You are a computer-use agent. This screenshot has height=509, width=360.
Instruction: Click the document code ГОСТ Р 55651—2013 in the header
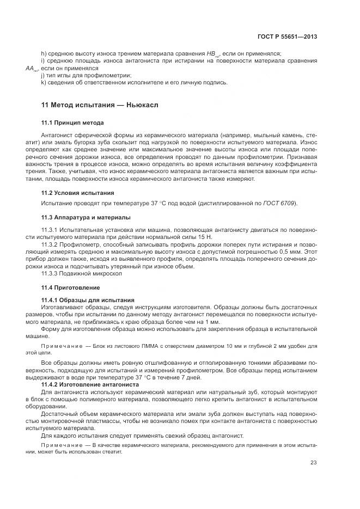[x=288, y=37]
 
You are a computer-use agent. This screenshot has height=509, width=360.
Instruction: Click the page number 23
[x=314, y=463]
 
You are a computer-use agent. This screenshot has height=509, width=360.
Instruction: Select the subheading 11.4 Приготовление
[x=70, y=287]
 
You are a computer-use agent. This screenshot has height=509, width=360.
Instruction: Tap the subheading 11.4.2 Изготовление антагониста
[x=90, y=384]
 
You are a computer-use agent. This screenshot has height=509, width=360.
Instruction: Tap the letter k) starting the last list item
[x=44, y=83]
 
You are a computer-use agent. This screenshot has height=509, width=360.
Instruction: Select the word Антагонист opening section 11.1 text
[x=58, y=134]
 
